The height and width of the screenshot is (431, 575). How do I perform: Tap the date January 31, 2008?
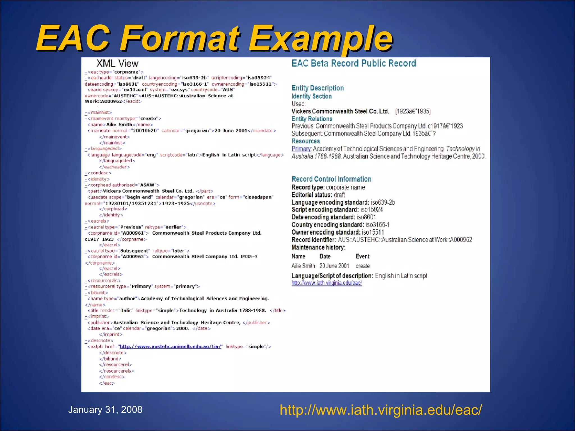point(105,410)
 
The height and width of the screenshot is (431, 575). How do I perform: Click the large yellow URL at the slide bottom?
point(381,410)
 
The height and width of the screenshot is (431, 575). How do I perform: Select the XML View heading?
point(117,63)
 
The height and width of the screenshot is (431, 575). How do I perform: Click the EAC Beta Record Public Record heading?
point(354,63)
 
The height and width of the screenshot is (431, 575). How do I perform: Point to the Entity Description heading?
point(318,88)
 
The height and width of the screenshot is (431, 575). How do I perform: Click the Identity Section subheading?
point(312,96)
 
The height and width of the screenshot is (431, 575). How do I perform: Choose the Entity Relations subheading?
point(312,119)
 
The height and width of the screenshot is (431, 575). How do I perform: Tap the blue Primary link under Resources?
point(301,149)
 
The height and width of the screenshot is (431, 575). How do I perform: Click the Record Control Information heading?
point(331,179)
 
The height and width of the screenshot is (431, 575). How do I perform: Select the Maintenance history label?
point(318,247)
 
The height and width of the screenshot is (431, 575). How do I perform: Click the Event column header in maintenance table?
point(362,256)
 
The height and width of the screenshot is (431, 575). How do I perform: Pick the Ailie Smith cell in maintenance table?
point(303,266)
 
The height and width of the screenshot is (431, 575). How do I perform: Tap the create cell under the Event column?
point(362,266)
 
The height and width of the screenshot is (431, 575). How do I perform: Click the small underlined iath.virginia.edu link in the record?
point(327,283)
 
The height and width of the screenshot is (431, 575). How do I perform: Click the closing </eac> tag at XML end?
point(107,383)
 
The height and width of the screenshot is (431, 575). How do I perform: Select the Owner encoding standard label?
point(326,232)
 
